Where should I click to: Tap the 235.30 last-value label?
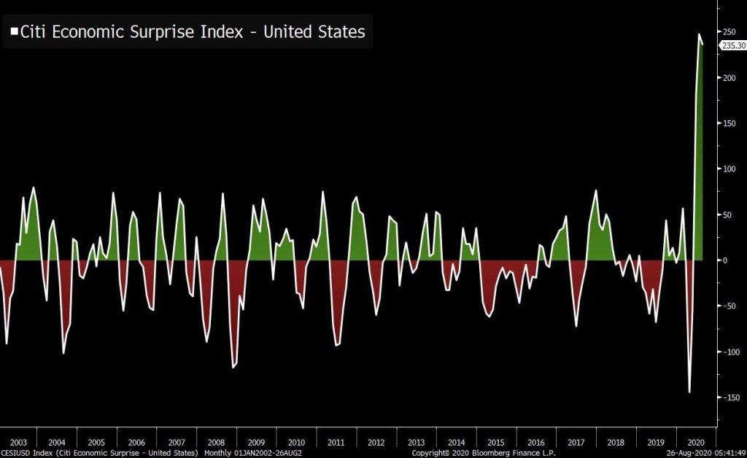click(733, 45)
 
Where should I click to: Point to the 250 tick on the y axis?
click(728, 32)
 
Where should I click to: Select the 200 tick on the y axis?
click(728, 77)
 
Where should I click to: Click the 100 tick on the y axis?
click(728, 169)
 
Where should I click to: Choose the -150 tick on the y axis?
click(729, 397)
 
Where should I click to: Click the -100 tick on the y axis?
click(729, 352)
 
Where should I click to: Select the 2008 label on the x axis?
click(217, 443)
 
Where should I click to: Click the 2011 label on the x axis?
click(336, 443)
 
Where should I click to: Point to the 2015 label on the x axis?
click(496, 443)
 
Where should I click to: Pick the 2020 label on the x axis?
click(697, 443)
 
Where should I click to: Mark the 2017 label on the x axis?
click(576, 443)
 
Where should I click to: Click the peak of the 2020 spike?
click(699, 34)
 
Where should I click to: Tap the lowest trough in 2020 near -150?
click(689, 392)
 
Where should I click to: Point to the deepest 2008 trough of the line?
click(233, 368)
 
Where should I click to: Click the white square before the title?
click(14, 32)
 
